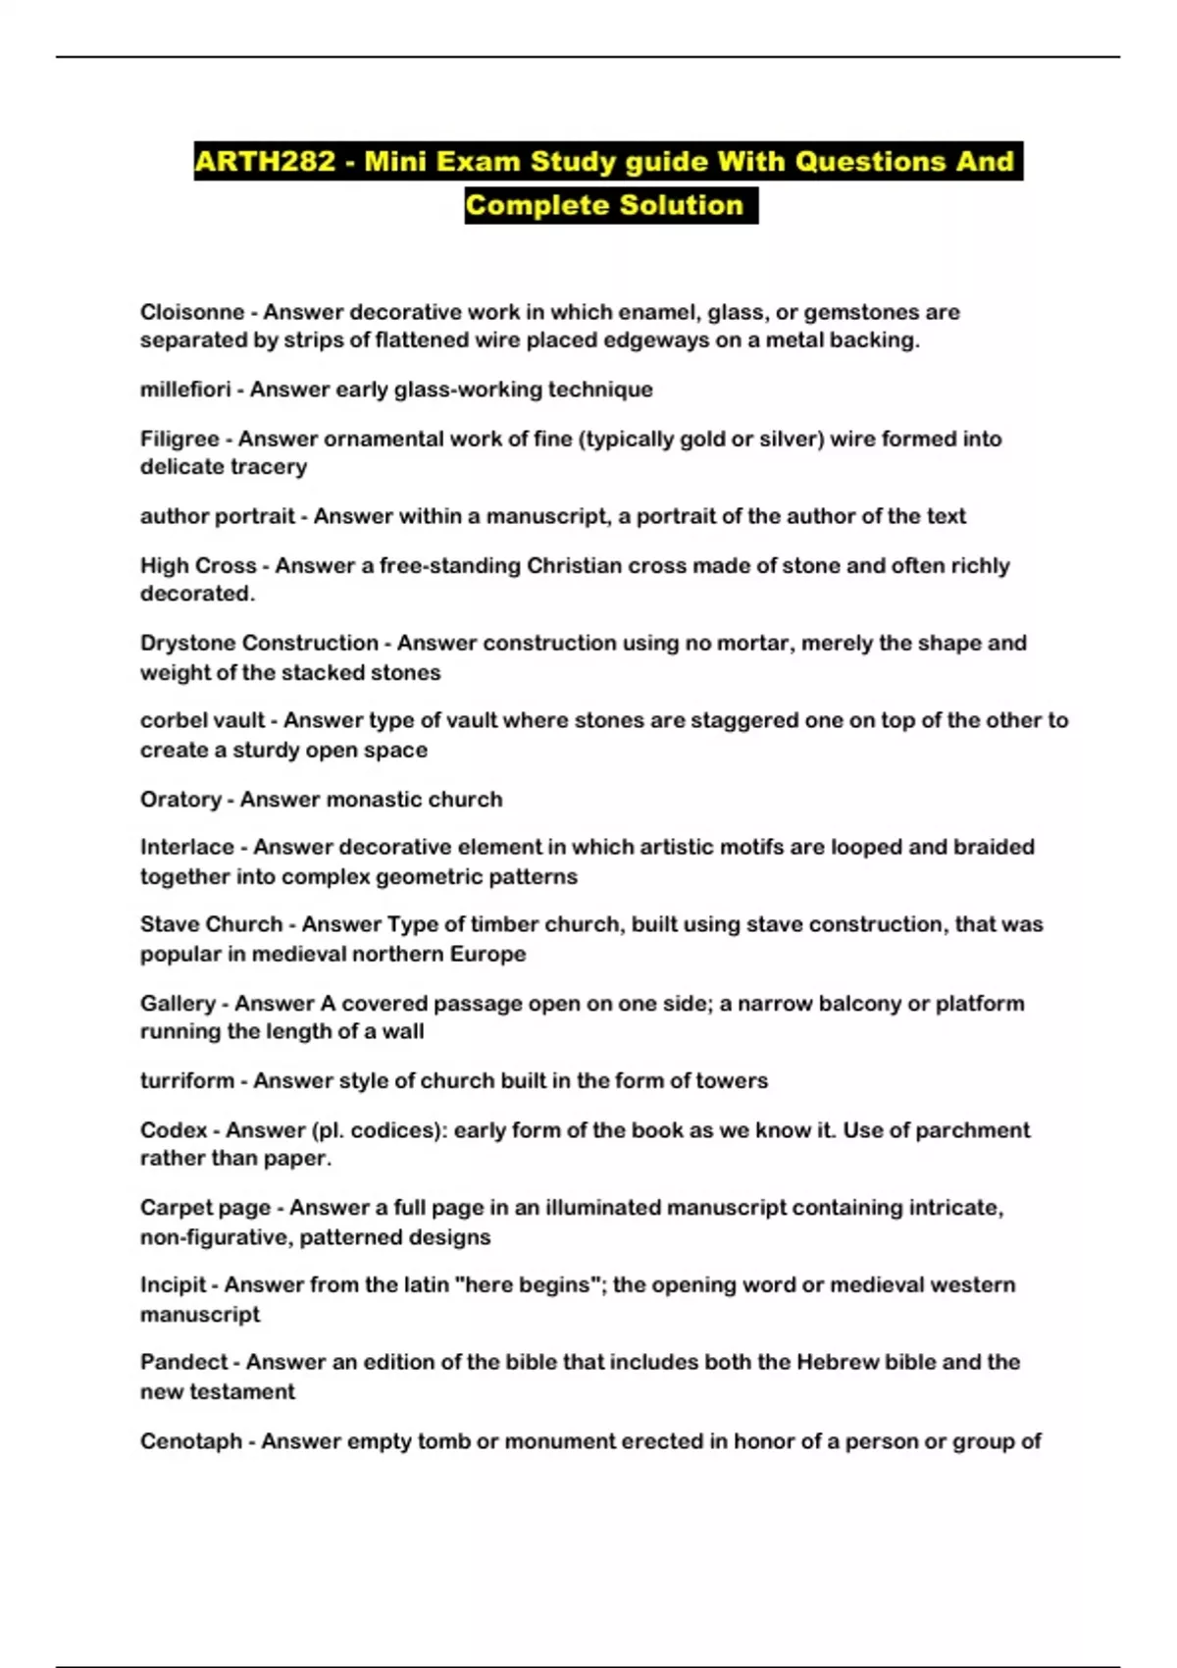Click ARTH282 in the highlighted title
coord(265,162)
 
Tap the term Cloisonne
coord(191,312)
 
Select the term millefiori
coord(185,390)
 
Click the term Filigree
coord(179,439)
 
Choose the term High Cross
coord(198,565)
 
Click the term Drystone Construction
coord(259,643)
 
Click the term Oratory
coord(180,799)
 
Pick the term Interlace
coord(186,847)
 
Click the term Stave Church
coord(211,924)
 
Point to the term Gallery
coord(178,1003)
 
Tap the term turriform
coord(186,1080)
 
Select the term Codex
coord(174,1129)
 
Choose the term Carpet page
coord(205,1207)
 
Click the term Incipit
coord(173,1284)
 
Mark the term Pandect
coord(183,1362)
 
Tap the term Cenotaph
coord(190,1440)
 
